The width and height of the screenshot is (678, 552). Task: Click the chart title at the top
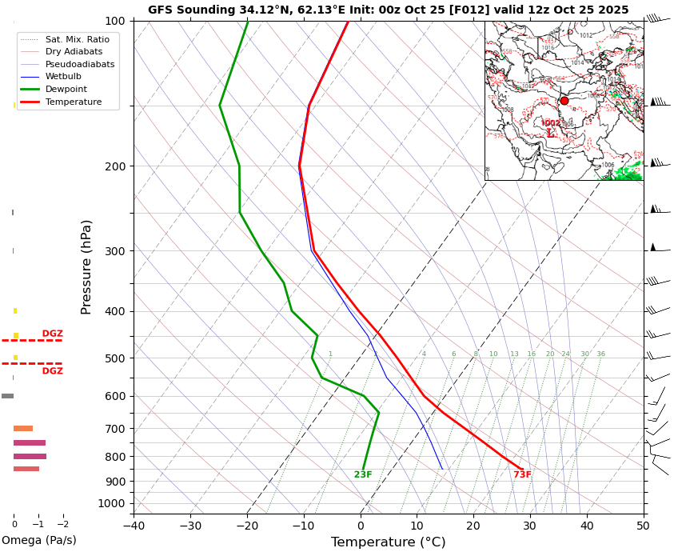click(388, 10)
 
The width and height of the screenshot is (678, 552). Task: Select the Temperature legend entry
click(74, 102)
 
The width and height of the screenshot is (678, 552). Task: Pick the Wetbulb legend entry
click(63, 77)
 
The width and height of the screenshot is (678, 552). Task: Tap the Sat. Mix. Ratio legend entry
click(77, 39)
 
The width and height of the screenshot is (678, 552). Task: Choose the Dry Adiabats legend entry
click(74, 51)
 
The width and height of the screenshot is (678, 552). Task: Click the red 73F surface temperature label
click(522, 475)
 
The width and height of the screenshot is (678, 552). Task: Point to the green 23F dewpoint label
click(363, 475)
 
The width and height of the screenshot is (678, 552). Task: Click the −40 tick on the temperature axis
click(134, 526)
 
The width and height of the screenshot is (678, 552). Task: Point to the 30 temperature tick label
click(530, 526)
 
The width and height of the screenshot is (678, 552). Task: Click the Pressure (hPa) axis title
click(86, 266)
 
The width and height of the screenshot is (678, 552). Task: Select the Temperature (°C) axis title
click(388, 542)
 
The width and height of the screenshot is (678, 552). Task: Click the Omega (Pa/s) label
click(39, 540)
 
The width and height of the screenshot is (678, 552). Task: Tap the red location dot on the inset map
click(564, 101)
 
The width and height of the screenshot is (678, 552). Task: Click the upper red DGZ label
click(52, 334)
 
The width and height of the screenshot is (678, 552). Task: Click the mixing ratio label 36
click(600, 354)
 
